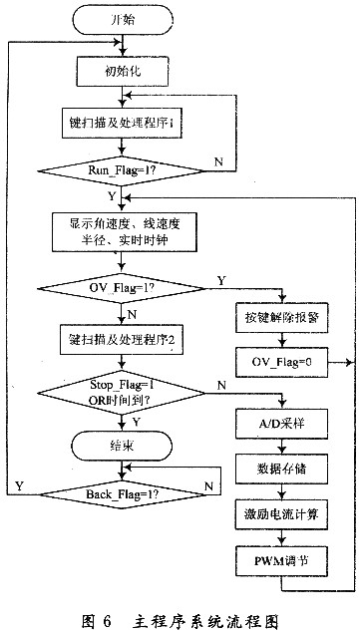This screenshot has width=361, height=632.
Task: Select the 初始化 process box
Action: point(121,69)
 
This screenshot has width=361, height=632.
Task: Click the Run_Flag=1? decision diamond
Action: point(121,170)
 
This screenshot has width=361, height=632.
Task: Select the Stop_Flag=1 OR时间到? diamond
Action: point(121,388)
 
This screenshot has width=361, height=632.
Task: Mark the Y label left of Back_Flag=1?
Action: point(18,484)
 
